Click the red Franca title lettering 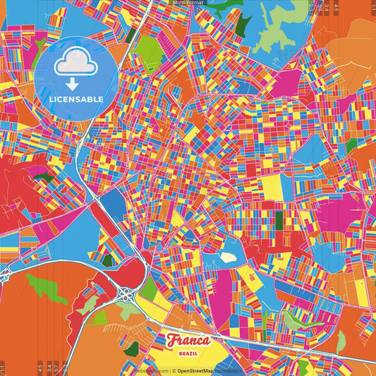[188, 340]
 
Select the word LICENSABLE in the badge [76, 99]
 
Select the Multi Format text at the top [187, 3]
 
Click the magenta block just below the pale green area [286, 82]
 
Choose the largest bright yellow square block [271, 186]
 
